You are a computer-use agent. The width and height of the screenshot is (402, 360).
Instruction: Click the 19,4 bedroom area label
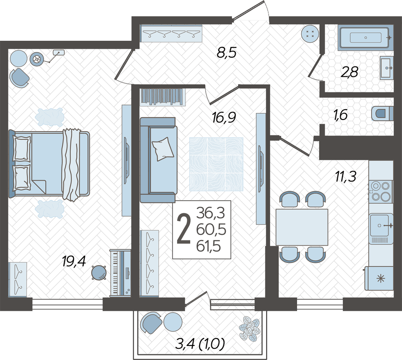(74, 262)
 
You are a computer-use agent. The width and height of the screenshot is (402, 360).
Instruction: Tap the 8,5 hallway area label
(226, 53)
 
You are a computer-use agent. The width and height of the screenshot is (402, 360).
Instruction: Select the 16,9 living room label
(224, 118)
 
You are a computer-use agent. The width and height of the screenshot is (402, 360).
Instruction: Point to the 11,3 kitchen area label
(346, 176)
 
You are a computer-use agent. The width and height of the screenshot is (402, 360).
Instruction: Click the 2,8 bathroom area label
(349, 72)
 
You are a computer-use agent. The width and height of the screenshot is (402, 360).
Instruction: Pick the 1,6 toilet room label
(341, 115)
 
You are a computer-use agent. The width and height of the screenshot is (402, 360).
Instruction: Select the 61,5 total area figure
(208, 247)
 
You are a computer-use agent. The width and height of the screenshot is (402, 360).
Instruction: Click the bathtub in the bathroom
(365, 37)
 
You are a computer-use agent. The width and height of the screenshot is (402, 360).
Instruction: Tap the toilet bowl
(382, 113)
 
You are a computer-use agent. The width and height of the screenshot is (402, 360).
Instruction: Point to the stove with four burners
(380, 191)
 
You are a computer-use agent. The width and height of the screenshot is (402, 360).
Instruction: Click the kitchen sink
(381, 225)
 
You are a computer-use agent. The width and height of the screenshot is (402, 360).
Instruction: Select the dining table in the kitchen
(302, 227)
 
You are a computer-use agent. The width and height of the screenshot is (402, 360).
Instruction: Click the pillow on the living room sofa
(163, 149)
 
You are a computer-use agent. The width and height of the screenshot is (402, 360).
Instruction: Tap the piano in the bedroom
(120, 273)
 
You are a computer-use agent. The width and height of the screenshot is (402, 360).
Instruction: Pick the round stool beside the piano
(99, 272)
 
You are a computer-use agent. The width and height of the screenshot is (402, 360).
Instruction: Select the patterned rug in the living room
(216, 164)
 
